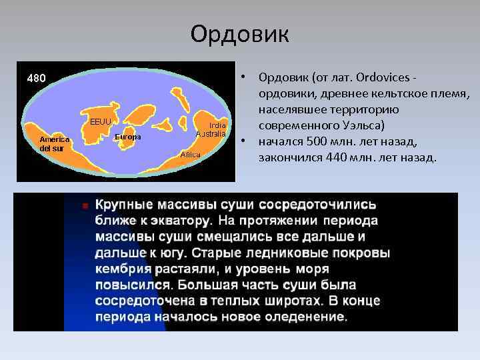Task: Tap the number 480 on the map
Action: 36,78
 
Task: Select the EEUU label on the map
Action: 101,121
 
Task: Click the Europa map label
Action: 128,137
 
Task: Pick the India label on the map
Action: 218,125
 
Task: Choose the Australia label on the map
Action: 211,133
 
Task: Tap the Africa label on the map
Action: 191,154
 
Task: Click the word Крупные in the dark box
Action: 125,204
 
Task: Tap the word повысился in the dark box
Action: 127,285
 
